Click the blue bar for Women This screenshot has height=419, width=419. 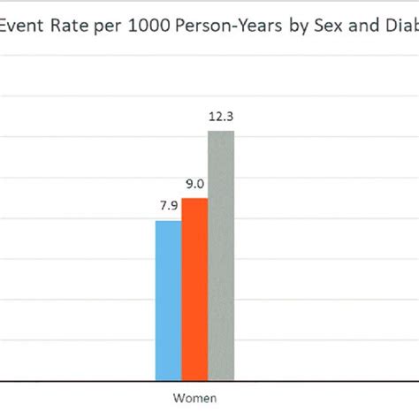168,301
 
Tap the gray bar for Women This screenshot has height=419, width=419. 221,255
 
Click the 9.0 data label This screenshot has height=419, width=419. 195,185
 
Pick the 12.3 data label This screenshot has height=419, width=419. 221,118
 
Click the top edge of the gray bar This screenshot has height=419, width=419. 221,132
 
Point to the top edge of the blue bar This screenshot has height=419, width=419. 168,221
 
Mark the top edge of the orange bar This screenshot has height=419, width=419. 194,199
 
